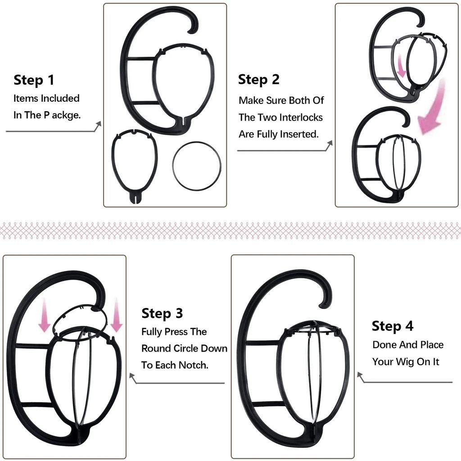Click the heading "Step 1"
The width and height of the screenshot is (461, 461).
coord(34,80)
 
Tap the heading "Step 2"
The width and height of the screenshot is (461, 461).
coord(259,80)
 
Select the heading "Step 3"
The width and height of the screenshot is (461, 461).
coord(162,313)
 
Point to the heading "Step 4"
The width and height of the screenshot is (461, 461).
coord(393,326)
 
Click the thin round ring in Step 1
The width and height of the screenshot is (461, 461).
coord(197,165)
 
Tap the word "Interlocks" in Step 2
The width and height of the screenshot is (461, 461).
coord(301,118)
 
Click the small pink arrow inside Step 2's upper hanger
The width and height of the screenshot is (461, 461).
coord(401,66)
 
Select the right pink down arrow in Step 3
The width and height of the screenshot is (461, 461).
coord(116,316)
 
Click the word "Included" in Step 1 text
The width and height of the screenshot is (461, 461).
coord(60,98)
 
